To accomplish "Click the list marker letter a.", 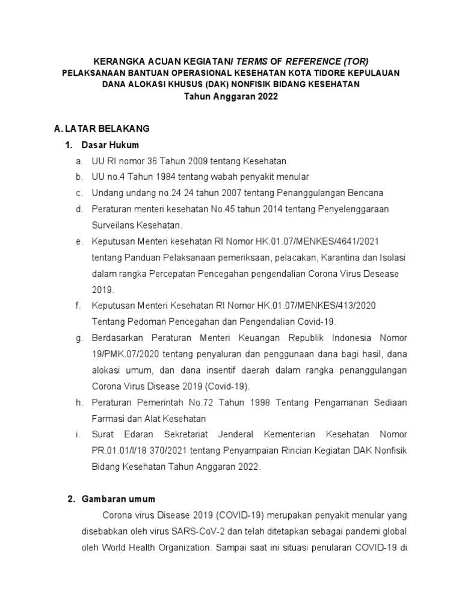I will click(79, 161).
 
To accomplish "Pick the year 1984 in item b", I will click(161, 177).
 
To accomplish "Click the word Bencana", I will click(363, 193).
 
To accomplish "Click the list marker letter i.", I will click(79, 434).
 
